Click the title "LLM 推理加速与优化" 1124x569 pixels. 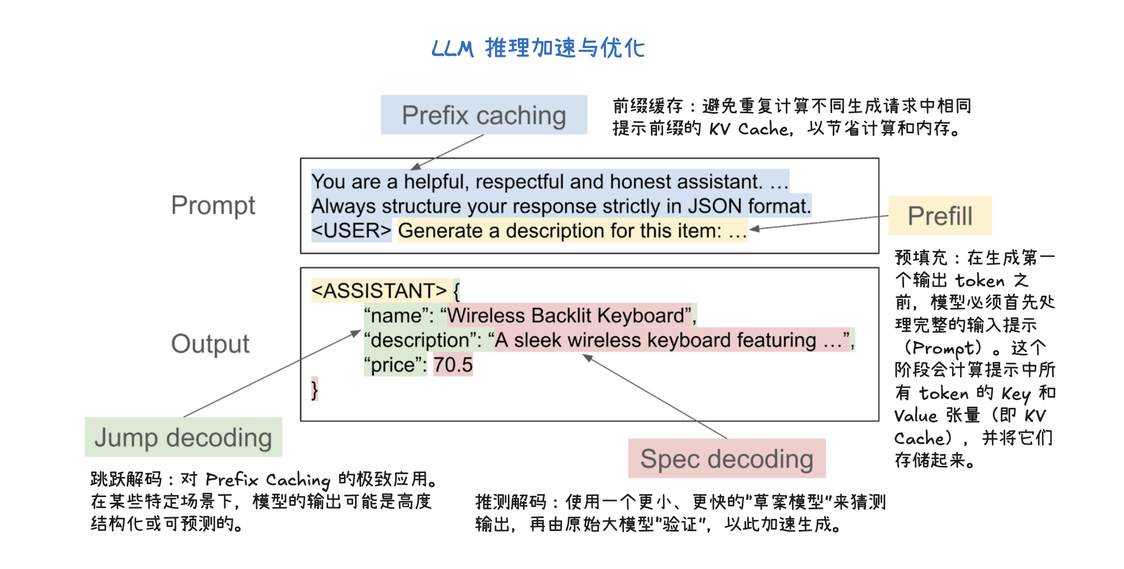coord(538,48)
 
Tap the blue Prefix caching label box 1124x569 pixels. coord(484,115)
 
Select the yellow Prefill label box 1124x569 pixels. coord(940,216)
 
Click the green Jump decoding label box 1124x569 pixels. coord(183,437)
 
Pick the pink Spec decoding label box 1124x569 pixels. coord(727,459)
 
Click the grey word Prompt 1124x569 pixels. coord(213,206)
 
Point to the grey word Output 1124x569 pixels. coord(210,344)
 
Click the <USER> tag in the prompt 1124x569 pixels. coord(352,230)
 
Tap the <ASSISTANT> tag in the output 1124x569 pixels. coord(380,291)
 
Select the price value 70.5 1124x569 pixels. coord(453,365)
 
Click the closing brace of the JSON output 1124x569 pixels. coord(315,389)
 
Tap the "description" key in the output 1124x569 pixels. coord(424,340)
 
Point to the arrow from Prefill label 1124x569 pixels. coord(819,223)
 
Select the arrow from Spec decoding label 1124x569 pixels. coord(655,396)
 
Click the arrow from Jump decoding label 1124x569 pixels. coord(272,373)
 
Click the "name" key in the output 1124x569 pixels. coord(396,316)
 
